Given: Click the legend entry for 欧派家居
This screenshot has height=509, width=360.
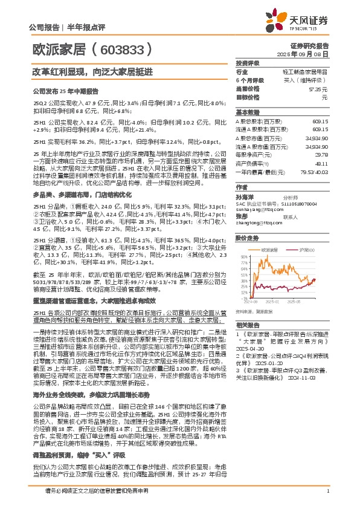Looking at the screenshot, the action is [268, 249].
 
